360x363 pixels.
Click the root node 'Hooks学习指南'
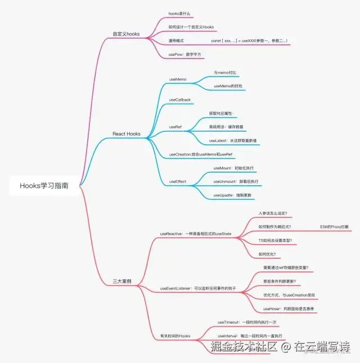pos(44,185)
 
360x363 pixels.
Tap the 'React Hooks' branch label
pos(126,134)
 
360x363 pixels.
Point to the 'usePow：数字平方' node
pos(185,55)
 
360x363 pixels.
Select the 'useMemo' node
pos(178,79)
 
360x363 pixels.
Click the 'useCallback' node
pos(180,100)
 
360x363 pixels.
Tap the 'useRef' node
pos(175,127)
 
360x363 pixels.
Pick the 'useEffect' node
pos(178,182)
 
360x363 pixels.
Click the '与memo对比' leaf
pos(226,73)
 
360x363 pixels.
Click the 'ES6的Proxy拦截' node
pos(334,227)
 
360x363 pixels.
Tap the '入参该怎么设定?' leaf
pos(273,213)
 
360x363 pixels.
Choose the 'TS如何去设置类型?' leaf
pos(275,240)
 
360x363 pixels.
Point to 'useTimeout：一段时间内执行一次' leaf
pos(247,322)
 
